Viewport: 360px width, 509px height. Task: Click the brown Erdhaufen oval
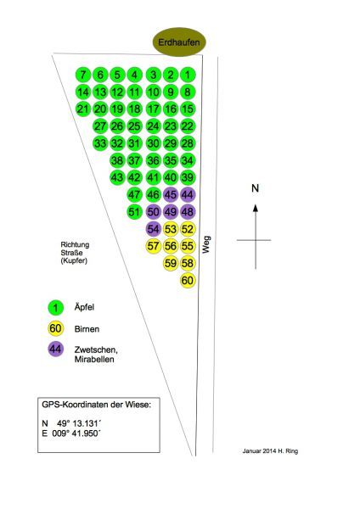click(179, 42)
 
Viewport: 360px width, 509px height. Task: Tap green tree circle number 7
click(83, 75)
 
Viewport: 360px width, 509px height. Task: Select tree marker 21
click(83, 109)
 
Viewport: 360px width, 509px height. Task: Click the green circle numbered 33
click(100, 143)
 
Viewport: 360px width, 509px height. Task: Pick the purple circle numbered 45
click(171, 195)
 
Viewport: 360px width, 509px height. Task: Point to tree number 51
click(134, 212)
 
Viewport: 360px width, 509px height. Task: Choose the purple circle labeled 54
click(153, 229)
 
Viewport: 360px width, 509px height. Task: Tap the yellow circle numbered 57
click(153, 246)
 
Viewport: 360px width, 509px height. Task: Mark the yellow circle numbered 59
click(171, 263)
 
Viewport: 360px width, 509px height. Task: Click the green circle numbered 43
click(117, 177)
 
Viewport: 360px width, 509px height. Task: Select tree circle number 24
click(153, 126)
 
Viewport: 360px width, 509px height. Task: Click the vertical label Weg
click(206, 245)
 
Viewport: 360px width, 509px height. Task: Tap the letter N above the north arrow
click(256, 188)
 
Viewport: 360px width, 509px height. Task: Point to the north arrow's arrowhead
click(256, 208)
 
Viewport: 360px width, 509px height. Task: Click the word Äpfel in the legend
click(84, 307)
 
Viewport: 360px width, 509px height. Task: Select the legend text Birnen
click(87, 329)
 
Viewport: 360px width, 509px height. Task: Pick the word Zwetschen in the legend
click(96, 350)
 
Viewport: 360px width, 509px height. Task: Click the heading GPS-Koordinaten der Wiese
click(97, 405)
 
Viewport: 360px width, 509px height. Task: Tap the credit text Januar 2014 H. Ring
click(270, 451)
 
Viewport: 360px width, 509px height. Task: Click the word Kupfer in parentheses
click(74, 260)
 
